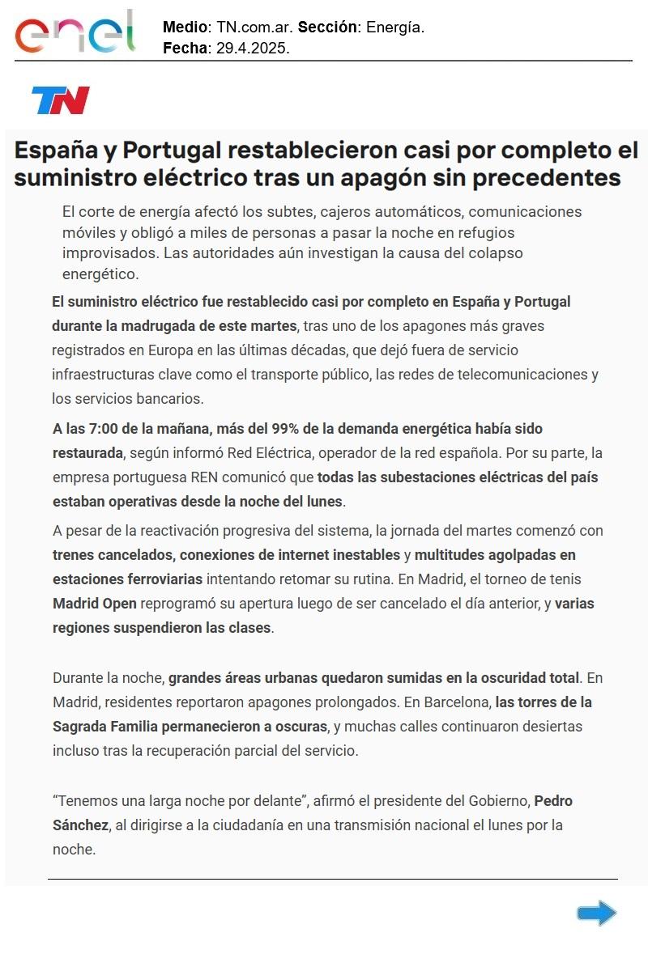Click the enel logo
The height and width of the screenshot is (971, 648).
click(x=75, y=32)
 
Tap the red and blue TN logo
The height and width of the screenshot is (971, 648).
click(x=61, y=100)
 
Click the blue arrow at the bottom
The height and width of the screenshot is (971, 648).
click(x=597, y=914)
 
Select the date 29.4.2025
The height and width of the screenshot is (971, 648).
click(x=253, y=48)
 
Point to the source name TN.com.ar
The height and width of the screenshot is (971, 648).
click(x=252, y=27)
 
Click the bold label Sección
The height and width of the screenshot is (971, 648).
click(x=328, y=27)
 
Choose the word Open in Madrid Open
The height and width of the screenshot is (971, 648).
click(x=119, y=604)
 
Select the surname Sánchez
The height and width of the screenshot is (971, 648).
click(x=80, y=825)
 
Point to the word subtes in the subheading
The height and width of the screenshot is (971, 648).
click(x=291, y=211)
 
